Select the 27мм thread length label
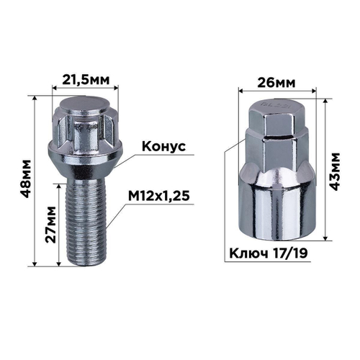49,225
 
